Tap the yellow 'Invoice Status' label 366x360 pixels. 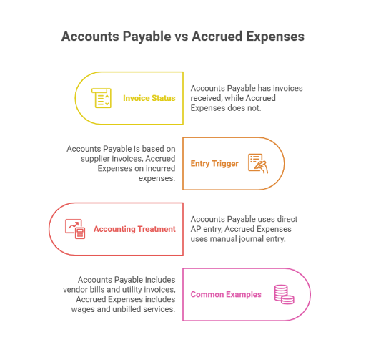point(149,98)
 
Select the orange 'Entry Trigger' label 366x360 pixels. point(214,164)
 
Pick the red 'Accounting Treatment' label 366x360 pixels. point(134,229)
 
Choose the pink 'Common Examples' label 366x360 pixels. point(226,294)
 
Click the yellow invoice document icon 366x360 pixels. point(102,98)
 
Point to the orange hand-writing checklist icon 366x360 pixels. point(258,163)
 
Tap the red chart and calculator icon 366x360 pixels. point(75,229)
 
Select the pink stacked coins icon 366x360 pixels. point(285,294)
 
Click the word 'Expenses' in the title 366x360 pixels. point(275,37)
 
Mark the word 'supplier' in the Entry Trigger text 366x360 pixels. point(95,159)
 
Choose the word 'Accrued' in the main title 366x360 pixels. point(217,37)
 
